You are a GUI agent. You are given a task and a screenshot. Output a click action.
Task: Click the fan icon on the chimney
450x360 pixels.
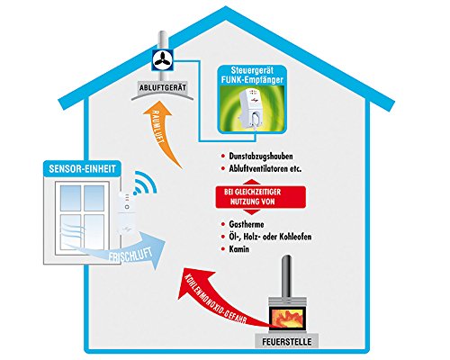click(163, 59)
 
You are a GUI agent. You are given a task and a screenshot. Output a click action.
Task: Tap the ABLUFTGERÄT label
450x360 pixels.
click(163, 88)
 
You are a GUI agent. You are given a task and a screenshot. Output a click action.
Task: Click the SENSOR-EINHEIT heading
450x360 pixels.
click(82, 168)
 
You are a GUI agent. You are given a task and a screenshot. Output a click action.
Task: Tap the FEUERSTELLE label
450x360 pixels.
click(287, 342)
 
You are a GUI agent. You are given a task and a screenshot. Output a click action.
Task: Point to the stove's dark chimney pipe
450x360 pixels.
click(287, 276)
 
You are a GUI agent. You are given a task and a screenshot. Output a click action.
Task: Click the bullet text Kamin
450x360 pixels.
click(239, 249)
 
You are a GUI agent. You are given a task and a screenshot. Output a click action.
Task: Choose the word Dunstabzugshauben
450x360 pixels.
click(261, 157)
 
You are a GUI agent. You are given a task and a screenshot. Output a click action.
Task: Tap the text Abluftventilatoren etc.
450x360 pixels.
click(265, 168)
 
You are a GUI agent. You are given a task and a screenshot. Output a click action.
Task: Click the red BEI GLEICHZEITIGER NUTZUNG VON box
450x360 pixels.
click(261, 197)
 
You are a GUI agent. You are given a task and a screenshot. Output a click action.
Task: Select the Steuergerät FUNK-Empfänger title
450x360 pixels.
click(252, 76)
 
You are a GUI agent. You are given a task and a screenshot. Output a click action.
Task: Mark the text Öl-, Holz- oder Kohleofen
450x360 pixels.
click(270, 237)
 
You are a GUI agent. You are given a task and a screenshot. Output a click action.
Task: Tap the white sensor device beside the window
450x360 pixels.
click(127, 214)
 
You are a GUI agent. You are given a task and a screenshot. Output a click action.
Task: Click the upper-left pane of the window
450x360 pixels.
click(70, 198)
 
